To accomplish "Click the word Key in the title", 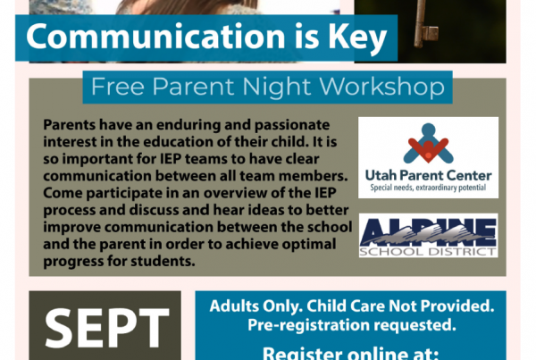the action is [x=357, y=38].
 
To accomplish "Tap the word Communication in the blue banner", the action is [x=155, y=36].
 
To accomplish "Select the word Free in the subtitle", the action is [x=118, y=87].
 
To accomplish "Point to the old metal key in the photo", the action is [x=423, y=25].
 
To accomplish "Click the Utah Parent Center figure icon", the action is [x=428, y=143].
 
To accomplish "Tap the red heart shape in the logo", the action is [x=428, y=149].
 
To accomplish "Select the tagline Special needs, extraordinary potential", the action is [x=428, y=188].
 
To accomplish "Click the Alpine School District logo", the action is [x=428, y=236].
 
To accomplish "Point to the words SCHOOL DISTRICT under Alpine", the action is [x=428, y=252].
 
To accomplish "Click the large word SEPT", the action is [x=107, y=328].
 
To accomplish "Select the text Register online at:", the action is [x=350, y=354].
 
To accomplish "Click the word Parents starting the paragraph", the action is [x=70, y=125].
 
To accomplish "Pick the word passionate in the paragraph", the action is [x=292, y=125].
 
